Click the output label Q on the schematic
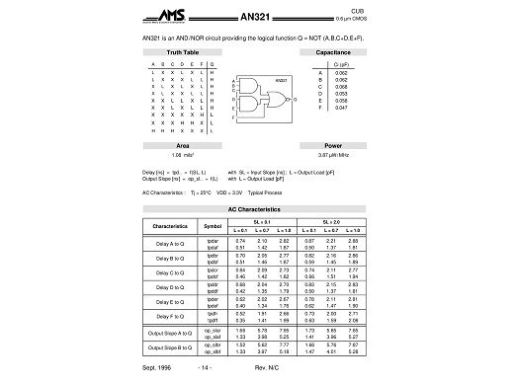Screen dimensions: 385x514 [294, 100]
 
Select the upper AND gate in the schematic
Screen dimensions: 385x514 [248, 87]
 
